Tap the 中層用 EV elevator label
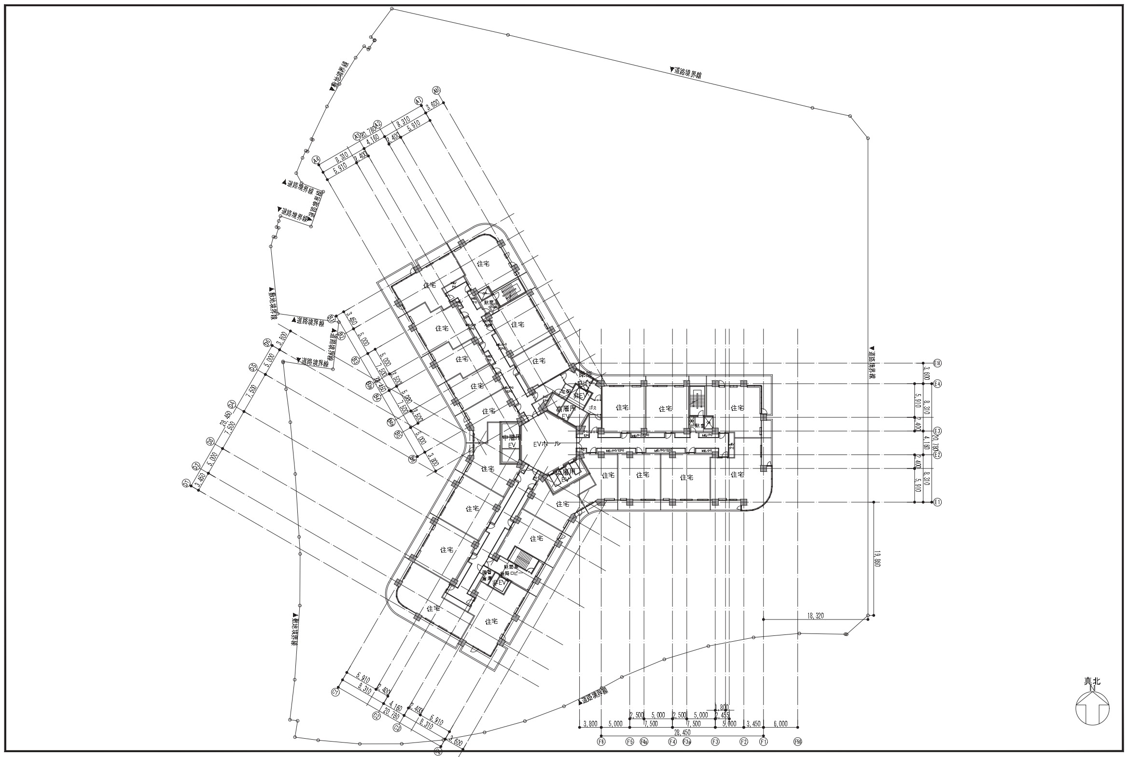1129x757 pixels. coord(509,441)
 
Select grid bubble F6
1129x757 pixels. coord(601,741)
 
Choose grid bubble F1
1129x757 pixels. coord(764,741)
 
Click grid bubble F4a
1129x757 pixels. coord(644,741)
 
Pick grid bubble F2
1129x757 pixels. coord(744,741)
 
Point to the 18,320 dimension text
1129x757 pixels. coord(815,616)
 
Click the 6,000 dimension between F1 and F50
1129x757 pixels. coord(781,724)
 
